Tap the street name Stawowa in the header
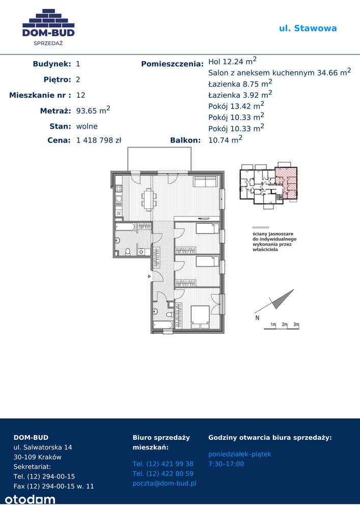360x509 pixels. pos(315,28)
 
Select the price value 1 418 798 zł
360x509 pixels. pos(99,140)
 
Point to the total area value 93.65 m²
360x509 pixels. pos(93,110)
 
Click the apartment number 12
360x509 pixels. pos(80,95)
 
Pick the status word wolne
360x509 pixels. pos(87,126)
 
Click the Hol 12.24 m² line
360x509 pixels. pos(232,61)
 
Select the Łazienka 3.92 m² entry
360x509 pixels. pos(240,95)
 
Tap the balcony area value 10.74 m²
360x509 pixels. pos(225,139)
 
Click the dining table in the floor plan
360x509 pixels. pos(148,200)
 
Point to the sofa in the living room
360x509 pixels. pos(206,182)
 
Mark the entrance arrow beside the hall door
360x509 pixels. pos(149,276)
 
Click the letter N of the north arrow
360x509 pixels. pos(257,318)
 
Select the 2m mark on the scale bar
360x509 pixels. pos(285,324)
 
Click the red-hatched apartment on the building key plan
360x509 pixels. pos(286,183)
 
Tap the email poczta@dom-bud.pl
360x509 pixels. pos(164,484)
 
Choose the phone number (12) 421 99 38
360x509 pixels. pos(163,464)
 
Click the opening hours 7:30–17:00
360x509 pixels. pos(226,464)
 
